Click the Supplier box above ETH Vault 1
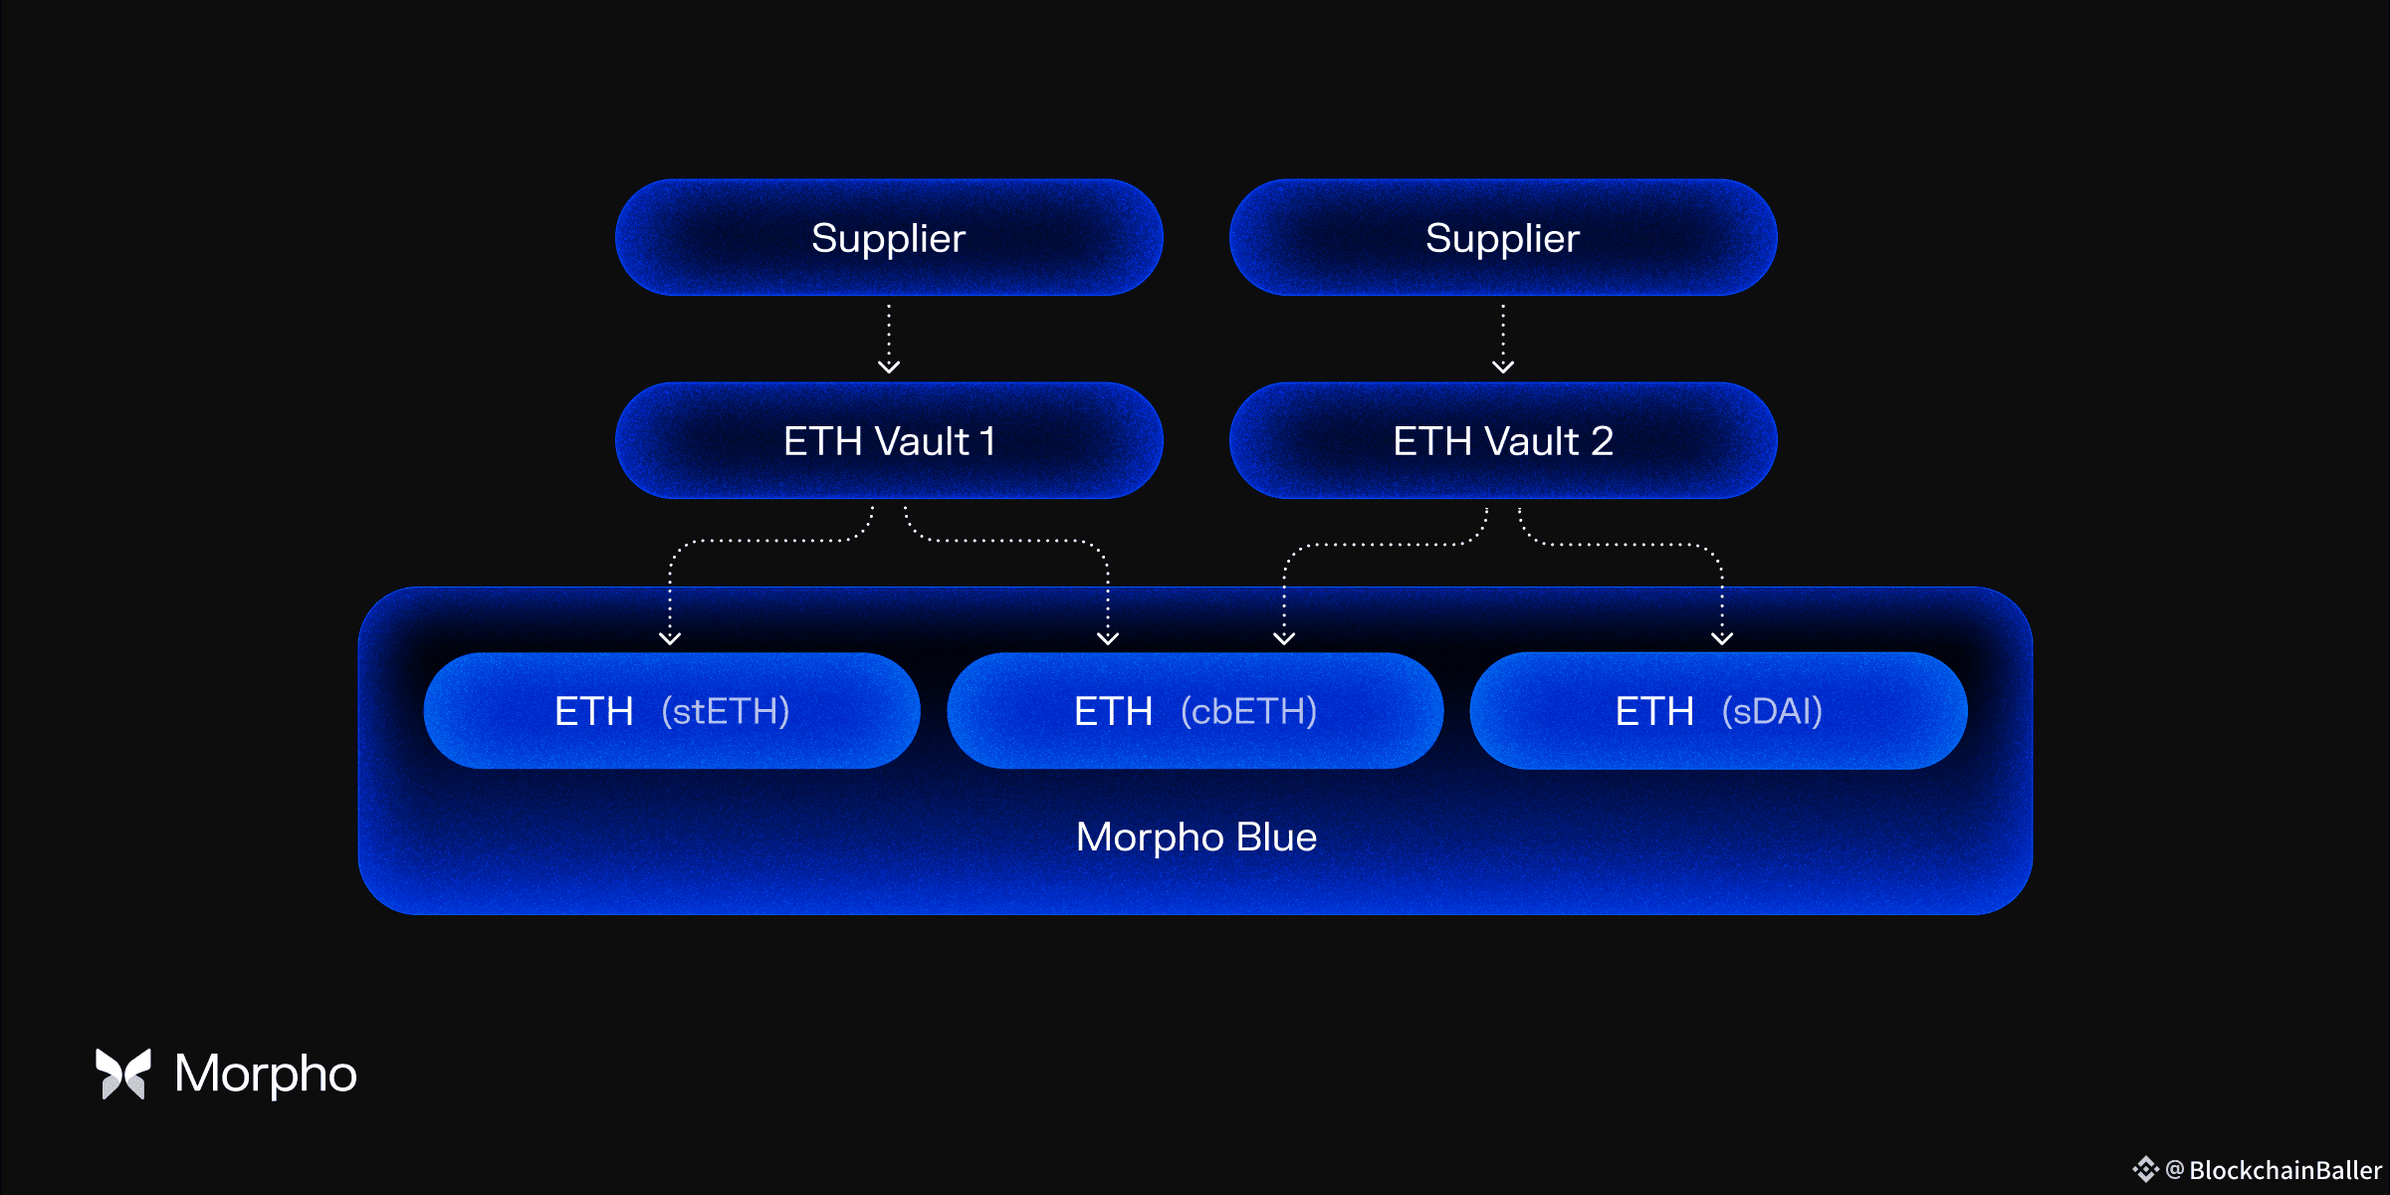click(x=888, y=238)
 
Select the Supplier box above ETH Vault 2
click(x=1502, y=238)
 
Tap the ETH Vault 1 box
click(x=888, y=441)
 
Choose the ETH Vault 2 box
click(x=1502, y=441)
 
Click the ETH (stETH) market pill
click(x=672, y=711)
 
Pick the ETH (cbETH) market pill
click(x=1195, y=711)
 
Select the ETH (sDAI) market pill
click(x=1718, y=711)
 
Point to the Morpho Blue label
click(x=1195, y=837)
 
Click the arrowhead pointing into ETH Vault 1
click(x=889, y=366)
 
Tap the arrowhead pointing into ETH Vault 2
click(x=1503, y=366)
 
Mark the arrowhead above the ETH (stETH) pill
click(x=670, y=638)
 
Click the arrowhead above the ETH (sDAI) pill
click(x=1722, y=638)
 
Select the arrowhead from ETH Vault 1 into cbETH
click(x=1108, y=638)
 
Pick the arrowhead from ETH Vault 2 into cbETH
click(x=1284, y=638)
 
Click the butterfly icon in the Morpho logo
click(x=122, y=1074)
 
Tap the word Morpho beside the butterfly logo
click(x=265, y=1074)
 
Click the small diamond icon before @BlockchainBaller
click(x=2145, y=1169)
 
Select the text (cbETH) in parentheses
click(x=1248, y=711)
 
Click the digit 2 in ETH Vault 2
click(x=1602, y=441)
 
